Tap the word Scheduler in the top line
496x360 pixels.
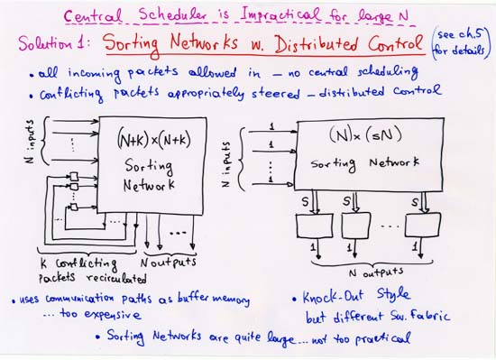pyautogui.click(x=181, y=16)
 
